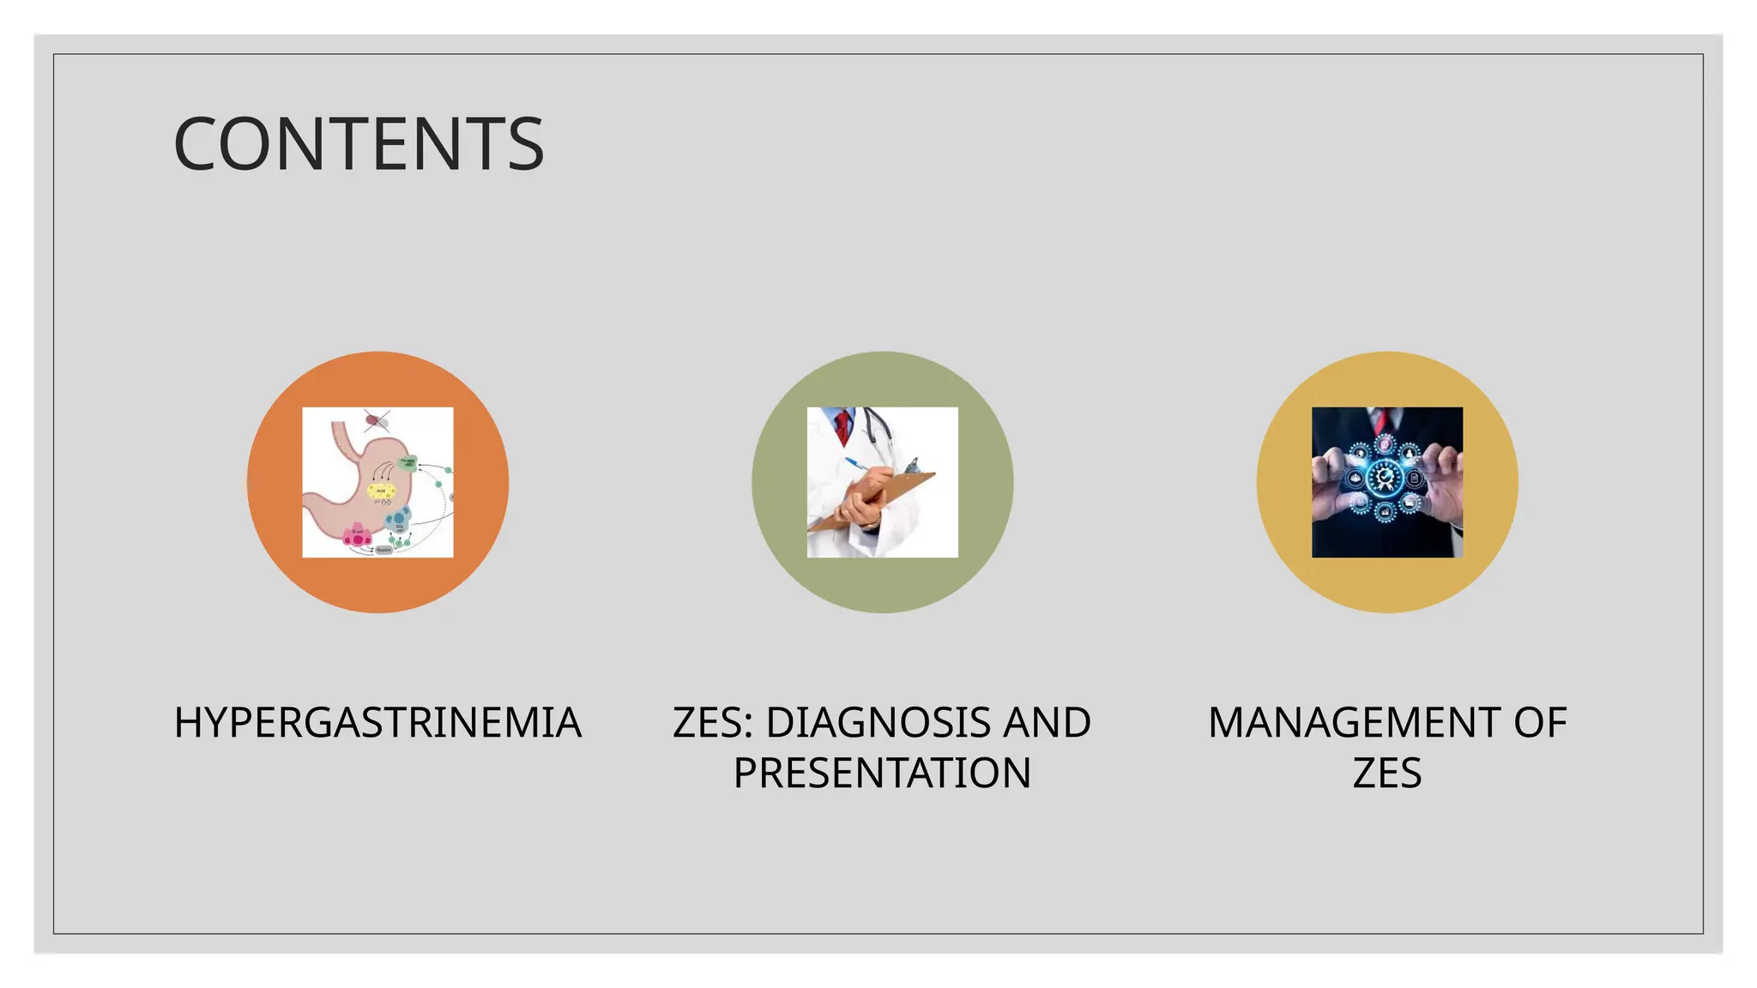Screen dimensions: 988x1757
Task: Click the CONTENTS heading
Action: pyautogui.click(x=359, y=144)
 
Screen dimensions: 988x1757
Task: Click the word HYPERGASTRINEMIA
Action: pyautogui.click(x=377, y=722)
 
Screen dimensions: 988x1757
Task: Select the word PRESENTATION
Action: pyautogui.click(x=882, y=773)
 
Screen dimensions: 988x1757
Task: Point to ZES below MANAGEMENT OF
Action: pyautogui.click(x=1386, y=773)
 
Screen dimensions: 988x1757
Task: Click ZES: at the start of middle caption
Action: pyautogui.click(x=713, y=722)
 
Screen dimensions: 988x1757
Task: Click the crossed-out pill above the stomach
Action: pyautogui.click(x=376, y=419)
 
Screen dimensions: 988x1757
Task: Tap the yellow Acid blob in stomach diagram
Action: pyautogui.click(x=381, y=491)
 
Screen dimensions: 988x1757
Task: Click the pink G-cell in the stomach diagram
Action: pyautogui.click(x=357, y=536)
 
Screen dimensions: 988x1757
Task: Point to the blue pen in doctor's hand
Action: pyautogui.click(x=855, y=465)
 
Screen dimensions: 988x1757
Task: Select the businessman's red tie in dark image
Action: pyautogui.click(x=1380, y=419)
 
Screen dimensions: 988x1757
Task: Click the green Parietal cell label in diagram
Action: pyautogui.click(x=408, y=463)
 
